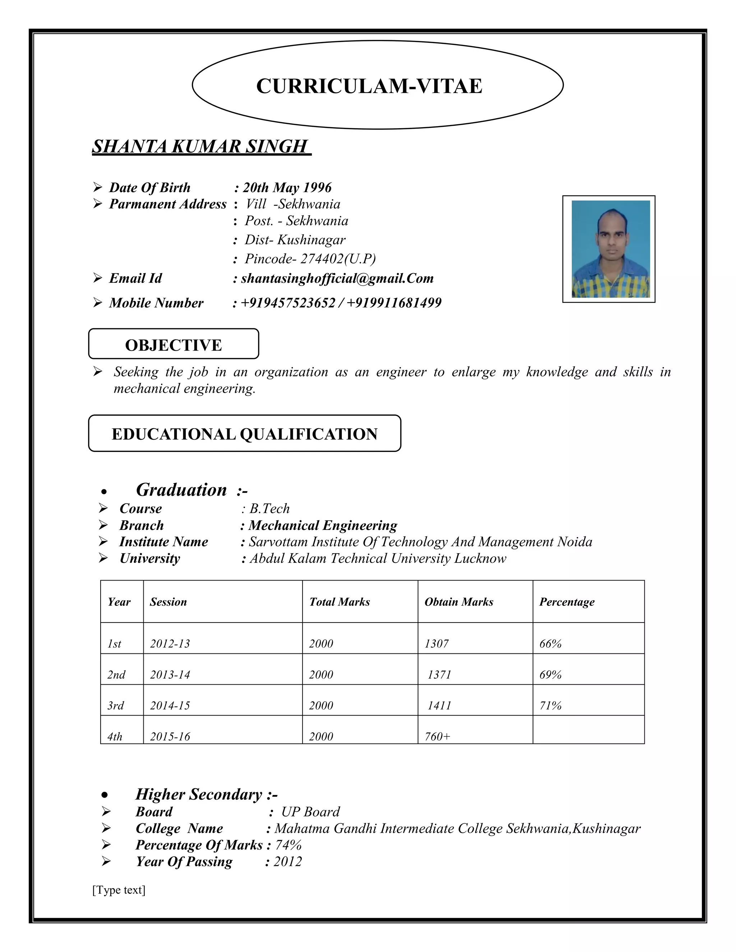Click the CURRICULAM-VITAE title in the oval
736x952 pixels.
pyautogui.click(x=369, y=86)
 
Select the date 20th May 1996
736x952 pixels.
pyautogui.click(x=287, y=188)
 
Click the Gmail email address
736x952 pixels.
pyautogui.click(x=337, y=278)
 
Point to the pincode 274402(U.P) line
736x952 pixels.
pyautogui.click(x=309, y=259)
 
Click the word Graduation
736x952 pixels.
pyautogui.click(x=181, y=490)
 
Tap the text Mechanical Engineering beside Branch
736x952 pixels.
pyautogui.click(x=323, y=525)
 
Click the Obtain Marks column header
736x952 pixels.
pyautogui.click(x=459, y=602)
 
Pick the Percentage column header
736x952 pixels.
pyautogui.click(x=566, y=602)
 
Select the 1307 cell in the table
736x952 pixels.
pyautogui.click(x=436, y=644)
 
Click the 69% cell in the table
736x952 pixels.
pyautogui.click(x=550, y=675)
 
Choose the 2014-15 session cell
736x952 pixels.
pyautogui.click(x=170, y=706)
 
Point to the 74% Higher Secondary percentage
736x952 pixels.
pyautogui.click(x=288, y=845)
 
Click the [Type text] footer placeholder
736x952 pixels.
pyautogui.click(x=119, y=889)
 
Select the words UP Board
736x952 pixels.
pyautogui.click(x=310, y=812)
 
